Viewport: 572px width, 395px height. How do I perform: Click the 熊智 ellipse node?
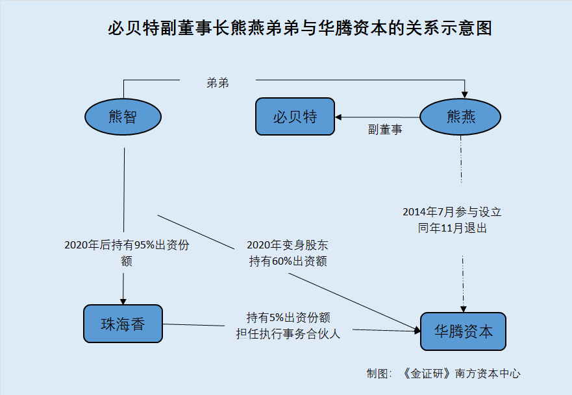(123, 117)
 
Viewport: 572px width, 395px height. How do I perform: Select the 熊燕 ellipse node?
(461, 117)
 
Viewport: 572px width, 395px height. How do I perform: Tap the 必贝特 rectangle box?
(295, 117)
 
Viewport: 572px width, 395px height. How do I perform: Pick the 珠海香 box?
(123, 323)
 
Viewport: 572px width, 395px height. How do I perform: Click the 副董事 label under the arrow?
(385, 130)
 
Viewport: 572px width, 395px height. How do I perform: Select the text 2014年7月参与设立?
(452, 212)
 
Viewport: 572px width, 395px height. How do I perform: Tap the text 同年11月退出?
(452, 228)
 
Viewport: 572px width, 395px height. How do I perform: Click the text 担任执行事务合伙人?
(288, 334)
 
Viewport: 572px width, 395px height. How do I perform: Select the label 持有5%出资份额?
(288, 318)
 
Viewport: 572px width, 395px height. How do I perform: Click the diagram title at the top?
(299, 29)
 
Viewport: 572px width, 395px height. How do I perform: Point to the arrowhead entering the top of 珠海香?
(123, 300)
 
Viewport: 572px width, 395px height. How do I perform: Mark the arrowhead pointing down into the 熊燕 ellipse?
(465, 93)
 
